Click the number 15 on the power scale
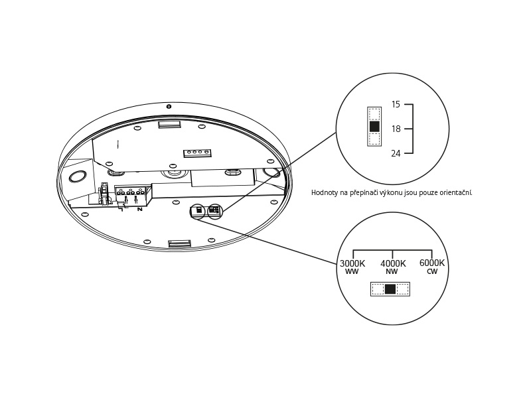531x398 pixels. click(396, 105)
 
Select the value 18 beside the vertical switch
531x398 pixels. click(396, 129)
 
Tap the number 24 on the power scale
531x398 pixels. click(396, 154)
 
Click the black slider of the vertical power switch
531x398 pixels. click(374, 126)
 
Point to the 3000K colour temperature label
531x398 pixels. click(352, 263)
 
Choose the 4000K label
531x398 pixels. click(393, 263)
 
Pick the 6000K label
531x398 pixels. click(432, 263)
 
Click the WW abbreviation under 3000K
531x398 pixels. click(352, 272)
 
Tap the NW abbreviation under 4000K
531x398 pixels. click(392, 272)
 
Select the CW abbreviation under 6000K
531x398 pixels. click(432, 272)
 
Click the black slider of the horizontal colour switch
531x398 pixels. click(390, 289)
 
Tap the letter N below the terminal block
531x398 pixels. click(139, 210)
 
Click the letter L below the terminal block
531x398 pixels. click(121, 210)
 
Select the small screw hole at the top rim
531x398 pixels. click(169, 106)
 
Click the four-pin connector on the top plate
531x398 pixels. click(197, 153)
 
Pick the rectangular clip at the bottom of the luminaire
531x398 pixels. click(179, 243)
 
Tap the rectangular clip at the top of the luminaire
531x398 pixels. click(169, 124)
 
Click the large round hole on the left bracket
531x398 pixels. click(77, 176)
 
